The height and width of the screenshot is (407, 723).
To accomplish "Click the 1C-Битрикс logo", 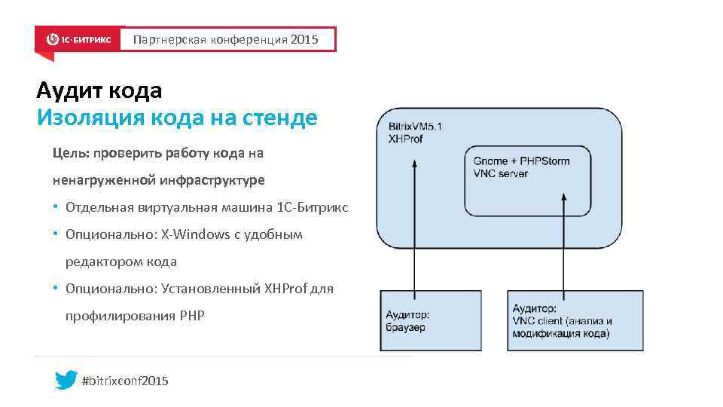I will (x=79, y=39).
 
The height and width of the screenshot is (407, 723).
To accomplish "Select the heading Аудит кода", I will (x=99, y=91).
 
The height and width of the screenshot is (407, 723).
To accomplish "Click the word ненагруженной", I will (x=103, y=181).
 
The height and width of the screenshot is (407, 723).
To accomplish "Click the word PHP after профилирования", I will (x=191, y=316).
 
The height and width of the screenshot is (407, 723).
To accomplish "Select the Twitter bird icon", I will (x=66, y=381).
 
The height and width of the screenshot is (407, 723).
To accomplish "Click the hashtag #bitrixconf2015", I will (x=124, y=381).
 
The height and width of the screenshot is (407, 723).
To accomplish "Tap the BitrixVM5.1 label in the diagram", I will (x=415, y=127).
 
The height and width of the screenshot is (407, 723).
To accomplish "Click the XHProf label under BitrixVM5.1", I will (x=405, y=139).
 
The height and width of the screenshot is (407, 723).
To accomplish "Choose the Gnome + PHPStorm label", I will (x=521, y=161).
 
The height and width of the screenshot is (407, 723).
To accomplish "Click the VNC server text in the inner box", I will (x=500, y=173).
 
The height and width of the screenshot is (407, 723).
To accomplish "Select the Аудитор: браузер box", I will (x=430, y=320).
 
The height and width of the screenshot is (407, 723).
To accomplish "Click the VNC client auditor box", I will (x=575, y=320).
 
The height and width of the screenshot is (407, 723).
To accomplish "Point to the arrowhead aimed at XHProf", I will (x=413, y=162).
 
